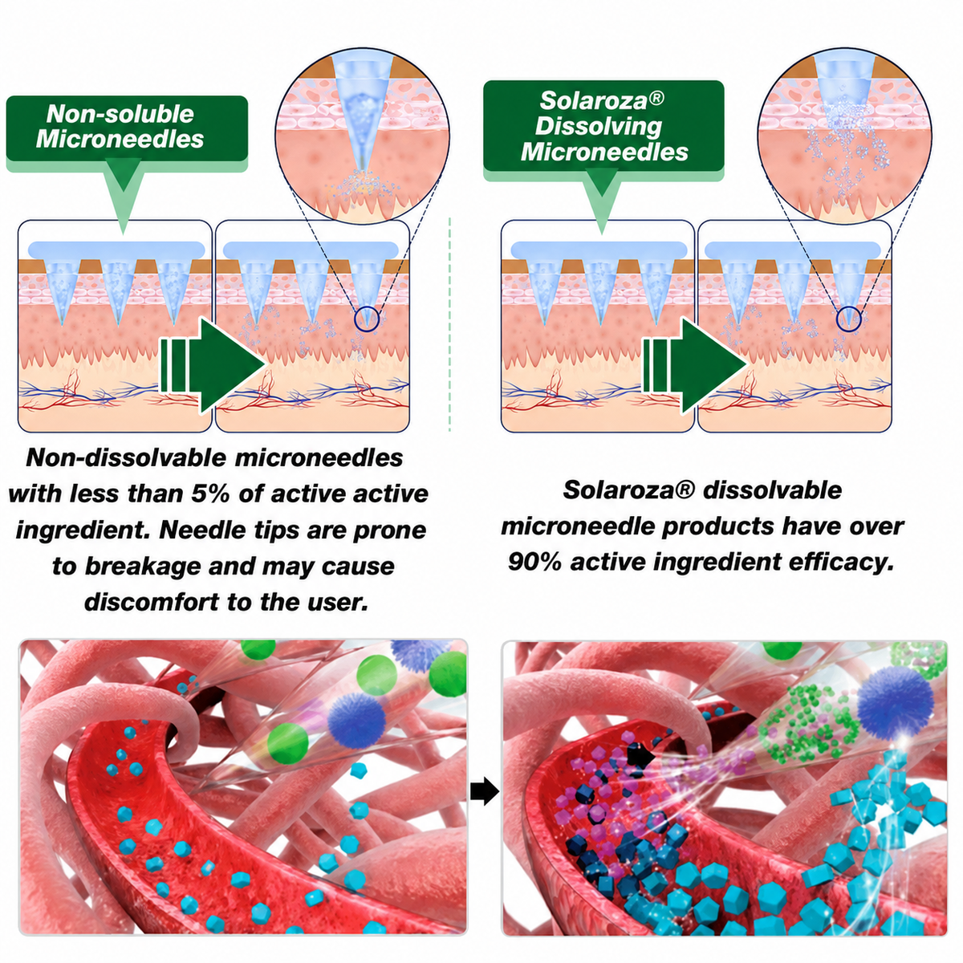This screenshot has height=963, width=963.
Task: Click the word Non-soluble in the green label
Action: tap(120, 115)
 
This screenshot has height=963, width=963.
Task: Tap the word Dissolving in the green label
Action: tap(598, 126)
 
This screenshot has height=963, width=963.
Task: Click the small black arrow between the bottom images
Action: tap(485, 791)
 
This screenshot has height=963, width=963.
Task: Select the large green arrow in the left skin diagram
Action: tap(213, 366)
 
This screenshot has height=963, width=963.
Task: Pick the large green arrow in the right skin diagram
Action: tap(695, 366)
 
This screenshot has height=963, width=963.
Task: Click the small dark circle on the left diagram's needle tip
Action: tap(367, 319)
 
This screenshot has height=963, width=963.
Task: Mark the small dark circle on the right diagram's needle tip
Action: tap(849, 319)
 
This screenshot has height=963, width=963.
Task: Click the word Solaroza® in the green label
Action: tap(602, 100)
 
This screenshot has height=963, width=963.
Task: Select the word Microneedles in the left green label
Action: tap(120, 139)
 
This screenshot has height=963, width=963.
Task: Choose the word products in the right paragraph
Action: tap(718, 526)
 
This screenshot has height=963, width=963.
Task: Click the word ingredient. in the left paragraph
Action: tap(83, 530)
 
